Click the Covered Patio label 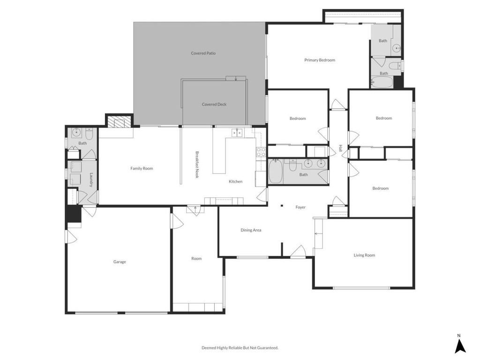pyautogui.click(x=203, y=53)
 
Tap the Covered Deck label pyautogui.click(x=214, y=105)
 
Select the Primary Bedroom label pyautogui.click(x=320, y=60)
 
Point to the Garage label pyautogui.click(x=120, y=262)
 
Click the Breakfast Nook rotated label pyautogui.click(x=197, y=165)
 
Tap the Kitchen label pyautogui.click(x=236, y=181)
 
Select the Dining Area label pyautogui.click(x=251, y=230)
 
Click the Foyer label pyautogui.click(x=300, y=207)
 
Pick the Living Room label pyautogui.click(x=364, y=255)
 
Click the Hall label pyautogui.click(x=340, y=148)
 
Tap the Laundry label pyautogui.click(x=91, y=180)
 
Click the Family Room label pyautogui.click(x=142, y=168)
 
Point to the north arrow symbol pyautogui.click(x=460, y=346)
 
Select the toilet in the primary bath pyautogui.click(x=394, y=65)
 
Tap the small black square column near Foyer pyautogui.click(x=282, y=206)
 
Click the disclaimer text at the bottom pyautogui.click(x=240, y=348)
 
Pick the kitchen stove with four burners pyautogui.click(x=261, y=152)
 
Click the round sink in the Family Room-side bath pyautogui.click(x=76, y=132)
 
